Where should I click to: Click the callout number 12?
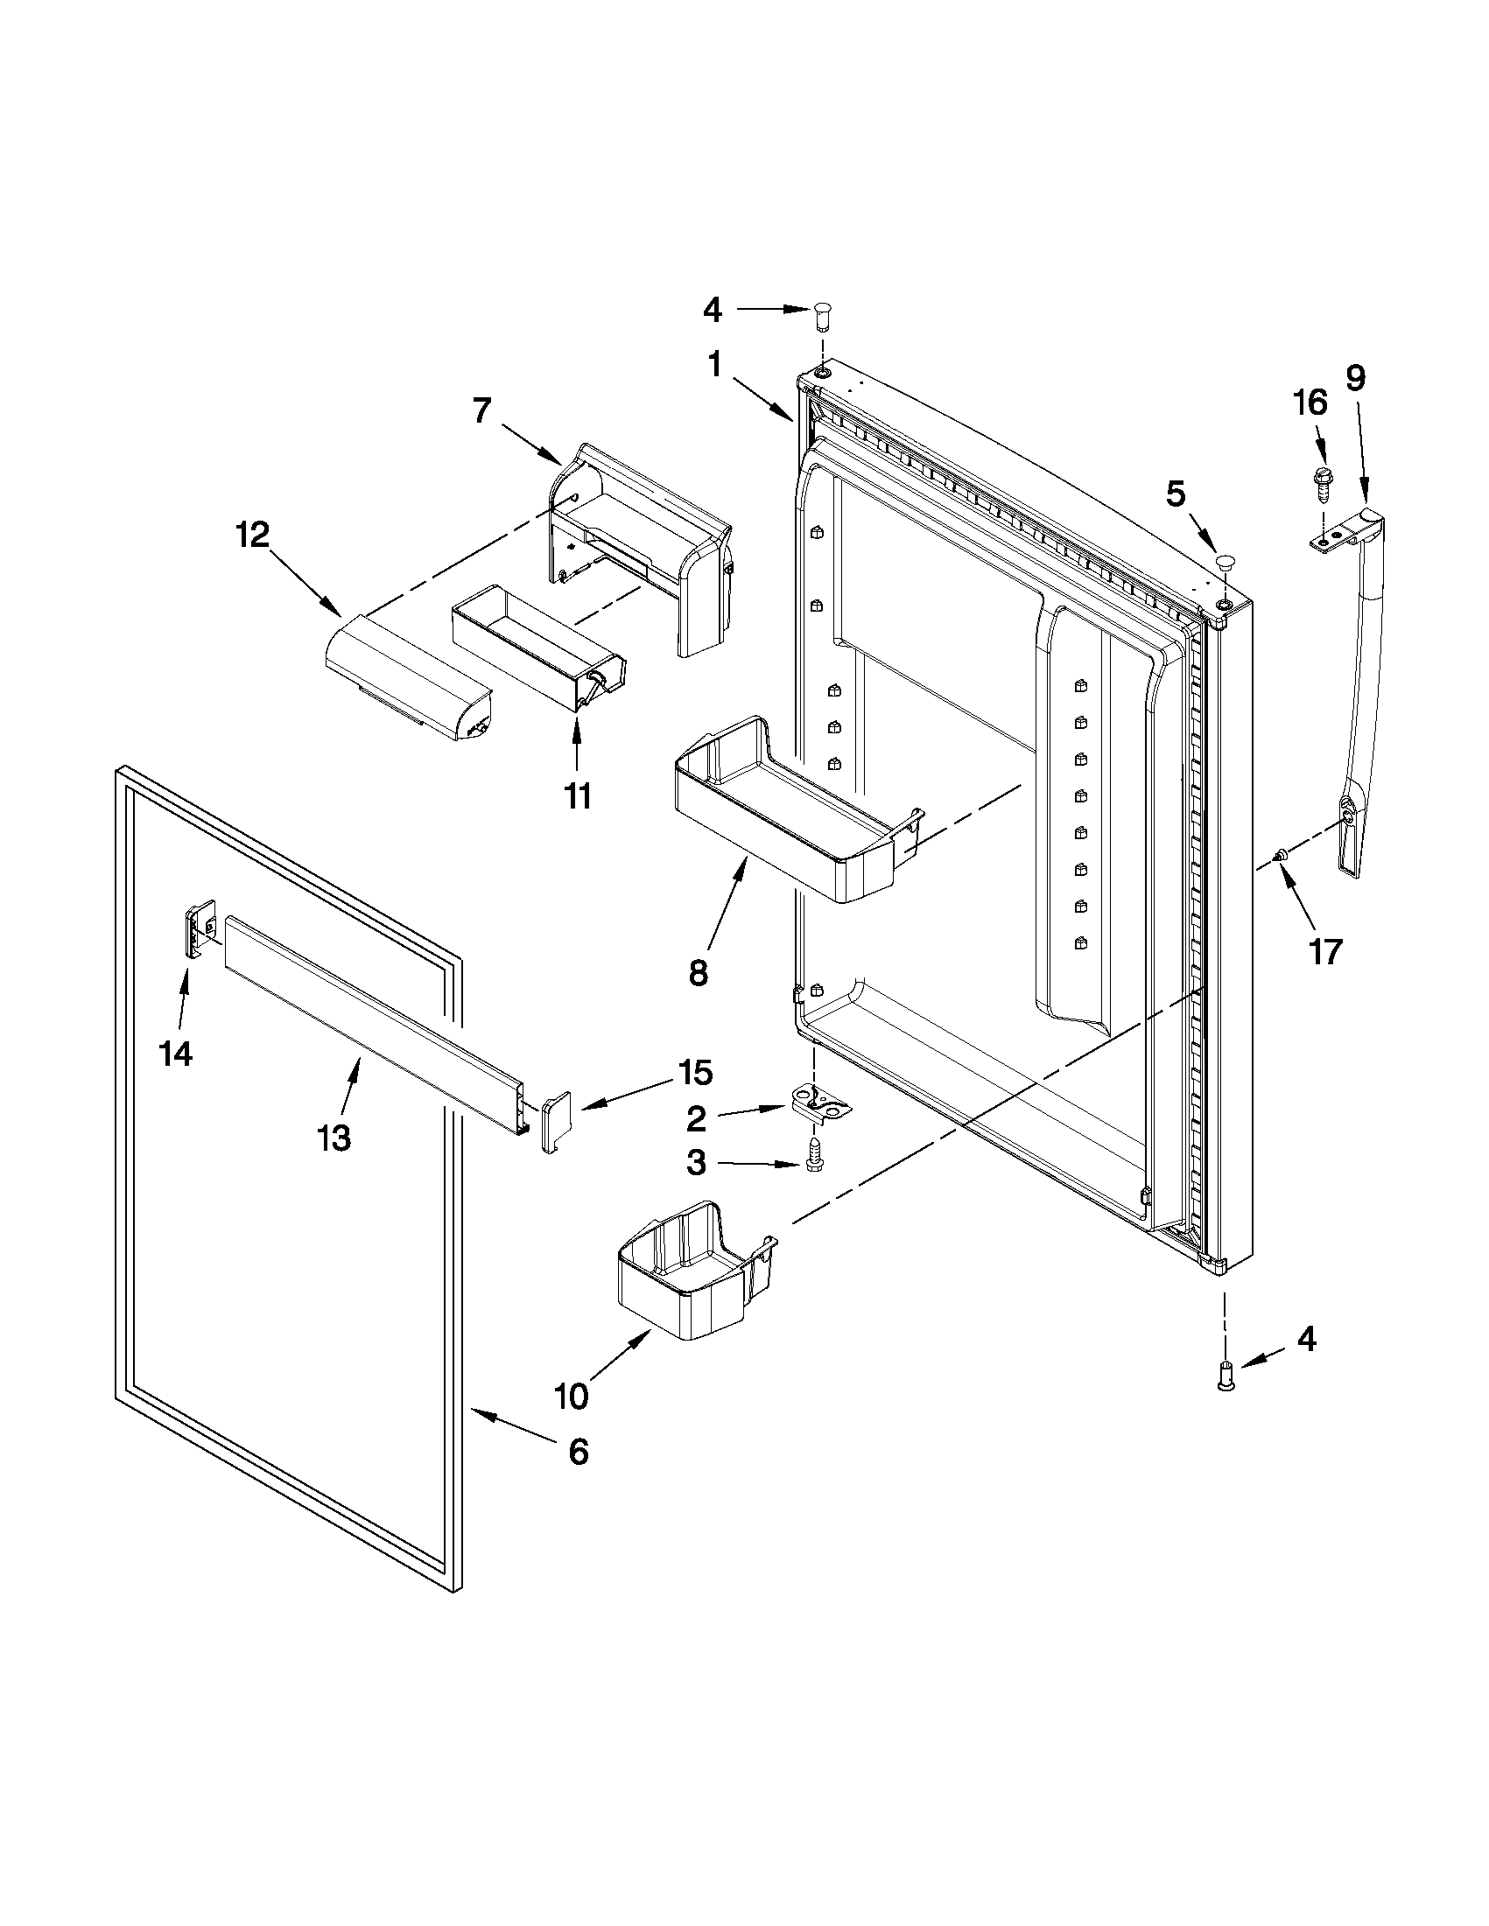252,535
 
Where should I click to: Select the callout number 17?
1326,951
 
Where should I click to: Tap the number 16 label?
1310,403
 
